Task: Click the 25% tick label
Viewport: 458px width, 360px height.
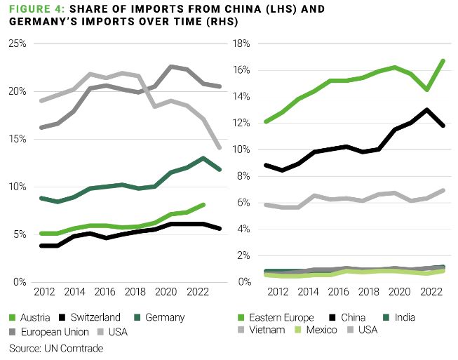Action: pyautogui.click(x=17, y=44)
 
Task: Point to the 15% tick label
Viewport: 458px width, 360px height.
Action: pyautogui.click(x=17, y=139)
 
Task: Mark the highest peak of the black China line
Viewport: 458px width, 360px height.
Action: pyautogui.click(x=427, y=109)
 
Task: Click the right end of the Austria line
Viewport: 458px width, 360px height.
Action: pyautogui.click(x=203, y=205)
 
